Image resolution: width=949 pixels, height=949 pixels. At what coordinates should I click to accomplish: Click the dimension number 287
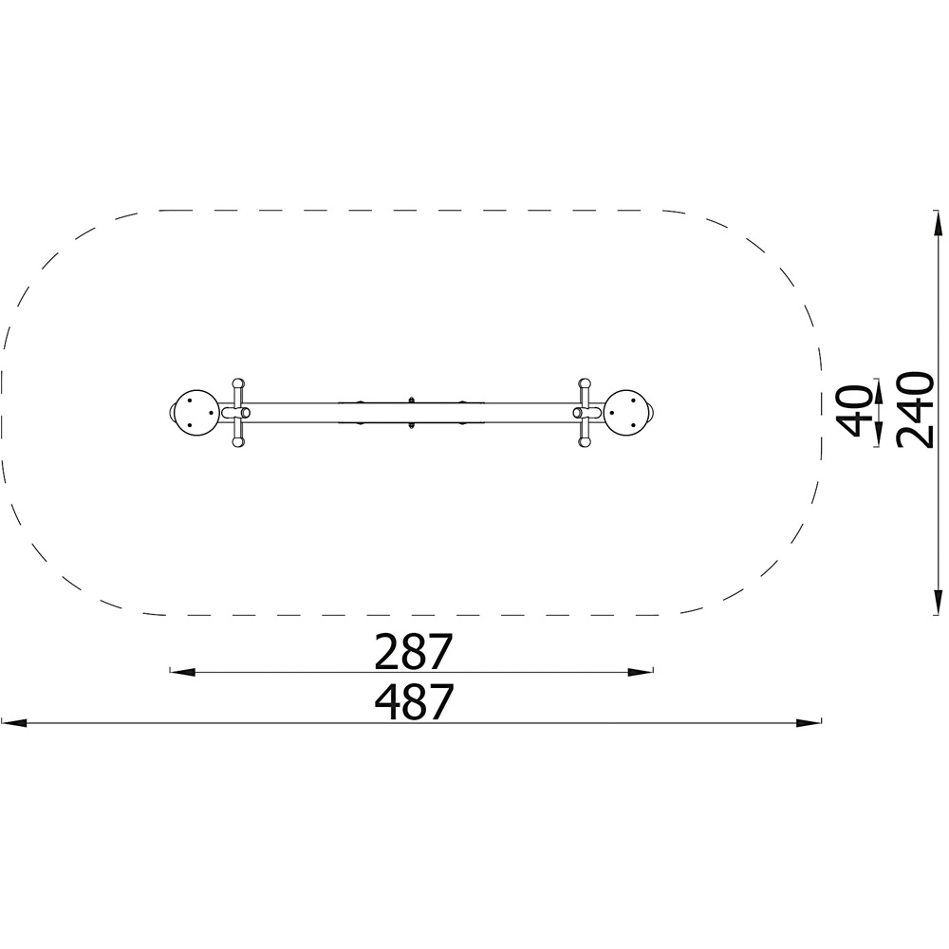coord(414,651)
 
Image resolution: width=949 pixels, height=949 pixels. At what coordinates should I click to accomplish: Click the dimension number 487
coord(414,702)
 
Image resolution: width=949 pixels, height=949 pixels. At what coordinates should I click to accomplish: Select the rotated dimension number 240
coord(916,410)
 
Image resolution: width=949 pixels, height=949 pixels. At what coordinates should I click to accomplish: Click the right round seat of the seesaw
coord(627,412)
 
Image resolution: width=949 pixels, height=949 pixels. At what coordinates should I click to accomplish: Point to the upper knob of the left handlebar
coord(239,383)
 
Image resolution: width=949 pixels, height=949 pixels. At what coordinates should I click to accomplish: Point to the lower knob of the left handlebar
coord(239,442)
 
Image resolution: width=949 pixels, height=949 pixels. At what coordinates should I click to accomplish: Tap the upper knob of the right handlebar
coord(584,383)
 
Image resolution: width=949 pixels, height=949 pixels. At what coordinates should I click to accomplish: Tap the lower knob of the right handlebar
coord(584,442)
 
